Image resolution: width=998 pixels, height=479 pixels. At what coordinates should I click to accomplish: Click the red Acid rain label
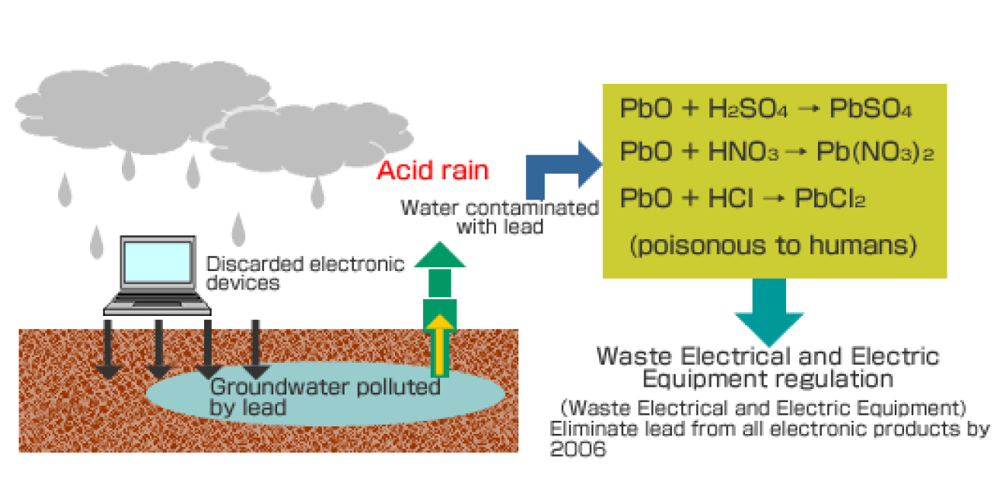click(x=433, y=170)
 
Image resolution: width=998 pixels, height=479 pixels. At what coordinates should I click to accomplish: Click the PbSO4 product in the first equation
click(x=870, y=109)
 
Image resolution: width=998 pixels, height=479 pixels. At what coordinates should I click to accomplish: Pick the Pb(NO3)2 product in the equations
click(x=875, y=153)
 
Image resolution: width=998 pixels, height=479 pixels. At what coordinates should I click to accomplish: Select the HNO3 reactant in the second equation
click(x=743, y=153)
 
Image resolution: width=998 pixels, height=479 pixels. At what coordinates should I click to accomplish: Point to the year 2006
click(x=577, y=449)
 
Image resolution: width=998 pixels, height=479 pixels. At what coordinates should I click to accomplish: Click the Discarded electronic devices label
click(x=305, y=272)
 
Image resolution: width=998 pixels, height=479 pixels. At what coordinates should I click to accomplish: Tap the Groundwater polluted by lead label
click(x=325, y=396)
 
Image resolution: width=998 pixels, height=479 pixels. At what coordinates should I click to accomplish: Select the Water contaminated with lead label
click(x=499, y=217)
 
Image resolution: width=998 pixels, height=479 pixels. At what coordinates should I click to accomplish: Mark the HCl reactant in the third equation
click(x=730, y=200)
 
